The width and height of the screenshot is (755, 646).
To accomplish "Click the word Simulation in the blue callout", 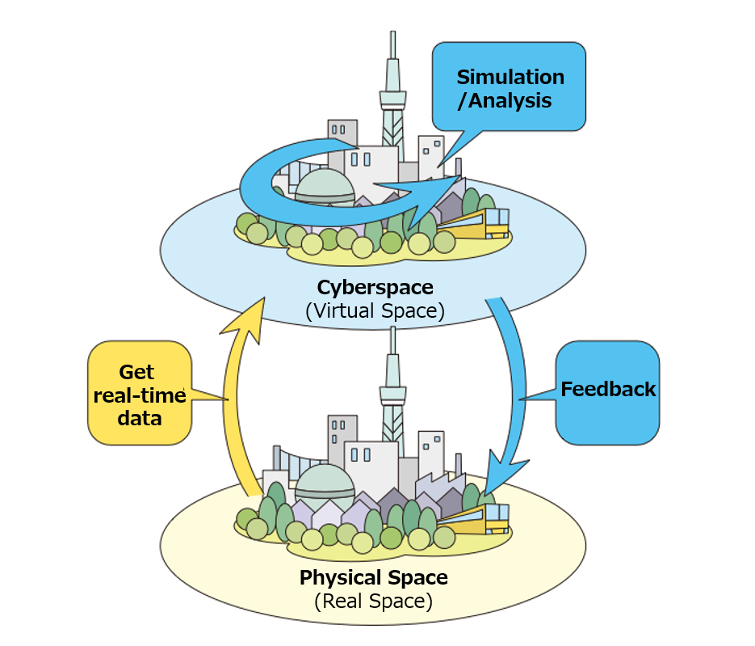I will point(510,77).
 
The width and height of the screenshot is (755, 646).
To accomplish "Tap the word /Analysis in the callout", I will point(505,101).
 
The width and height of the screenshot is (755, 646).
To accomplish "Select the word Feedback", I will point(608,389).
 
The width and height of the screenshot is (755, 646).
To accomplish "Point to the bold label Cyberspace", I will point(375,287).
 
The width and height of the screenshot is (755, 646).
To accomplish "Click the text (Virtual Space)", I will point(375,311).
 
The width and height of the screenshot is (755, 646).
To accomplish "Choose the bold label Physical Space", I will point(373,577).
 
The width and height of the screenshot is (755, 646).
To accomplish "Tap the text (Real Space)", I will point(373,602).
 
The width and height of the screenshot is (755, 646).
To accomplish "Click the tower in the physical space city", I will point(392,388).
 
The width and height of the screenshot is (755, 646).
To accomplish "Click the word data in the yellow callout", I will point(138,418).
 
